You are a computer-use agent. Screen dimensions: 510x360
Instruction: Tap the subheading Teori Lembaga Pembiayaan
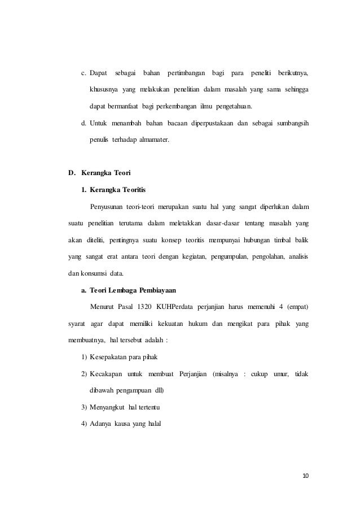pos(133,291)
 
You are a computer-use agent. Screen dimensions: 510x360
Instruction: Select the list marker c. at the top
pos(84,74)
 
